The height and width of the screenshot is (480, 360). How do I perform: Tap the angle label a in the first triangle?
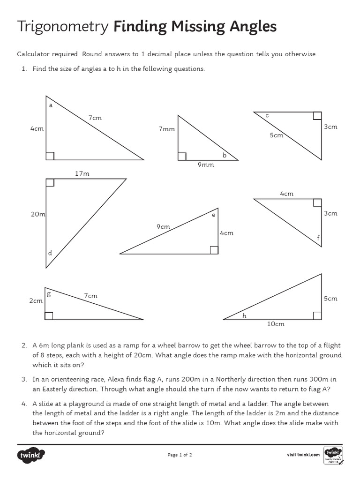pos(51,105)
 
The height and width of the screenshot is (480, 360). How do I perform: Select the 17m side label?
pos(82,173)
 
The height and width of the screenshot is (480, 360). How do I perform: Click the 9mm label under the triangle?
pos(205,165)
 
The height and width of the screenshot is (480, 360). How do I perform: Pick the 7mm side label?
pos(166,129)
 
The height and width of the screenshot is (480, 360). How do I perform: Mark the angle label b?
pos(224,155)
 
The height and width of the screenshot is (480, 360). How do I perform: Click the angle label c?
pos(267,115)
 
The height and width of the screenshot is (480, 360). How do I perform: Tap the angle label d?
pos(50,253)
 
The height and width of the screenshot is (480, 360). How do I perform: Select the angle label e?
pos(213,215)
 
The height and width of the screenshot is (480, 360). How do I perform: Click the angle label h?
pos(244,316)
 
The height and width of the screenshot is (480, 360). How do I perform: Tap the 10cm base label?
pos(276,324)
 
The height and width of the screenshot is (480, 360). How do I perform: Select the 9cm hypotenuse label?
pos(163,226)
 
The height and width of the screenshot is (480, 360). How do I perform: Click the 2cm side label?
pos(36,301)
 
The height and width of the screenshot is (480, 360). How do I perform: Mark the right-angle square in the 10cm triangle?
pos(317,315)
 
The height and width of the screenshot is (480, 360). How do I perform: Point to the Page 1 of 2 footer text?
pos(180,454)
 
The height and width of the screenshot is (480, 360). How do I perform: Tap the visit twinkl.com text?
pos(303,454)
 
